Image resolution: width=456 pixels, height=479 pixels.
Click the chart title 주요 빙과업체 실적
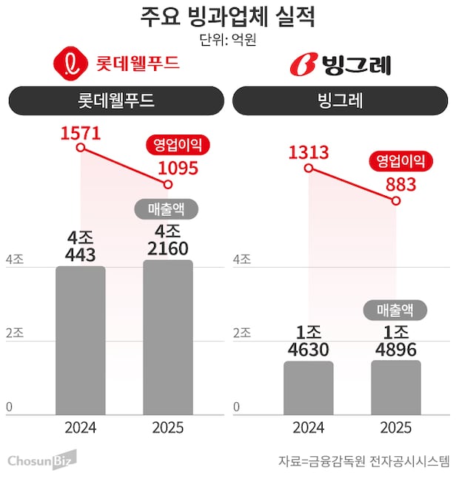(x=227, y=17)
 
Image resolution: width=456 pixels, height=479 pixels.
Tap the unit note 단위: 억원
(x=227, y=40)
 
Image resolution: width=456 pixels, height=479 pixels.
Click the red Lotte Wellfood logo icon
(x=70, y=64)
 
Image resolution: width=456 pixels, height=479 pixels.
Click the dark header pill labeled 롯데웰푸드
(x=115, y=101)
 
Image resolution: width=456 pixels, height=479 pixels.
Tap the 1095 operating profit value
(x=178, y=168)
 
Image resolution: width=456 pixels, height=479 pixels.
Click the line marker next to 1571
(x=81, y=149)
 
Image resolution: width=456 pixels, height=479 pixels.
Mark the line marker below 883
(x=396, y=200)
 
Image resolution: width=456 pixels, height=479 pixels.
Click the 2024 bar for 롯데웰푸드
(x=80, y=340)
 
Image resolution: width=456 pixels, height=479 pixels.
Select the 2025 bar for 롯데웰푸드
(x=167, y=337)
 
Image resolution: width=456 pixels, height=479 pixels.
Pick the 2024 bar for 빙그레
(x=308, y=387)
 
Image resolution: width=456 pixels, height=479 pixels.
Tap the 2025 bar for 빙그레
(x=396, y=387)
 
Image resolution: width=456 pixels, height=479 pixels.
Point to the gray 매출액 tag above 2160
(x=168, y=209)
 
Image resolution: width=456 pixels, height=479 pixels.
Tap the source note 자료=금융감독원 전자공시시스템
(x=363, y=461)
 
